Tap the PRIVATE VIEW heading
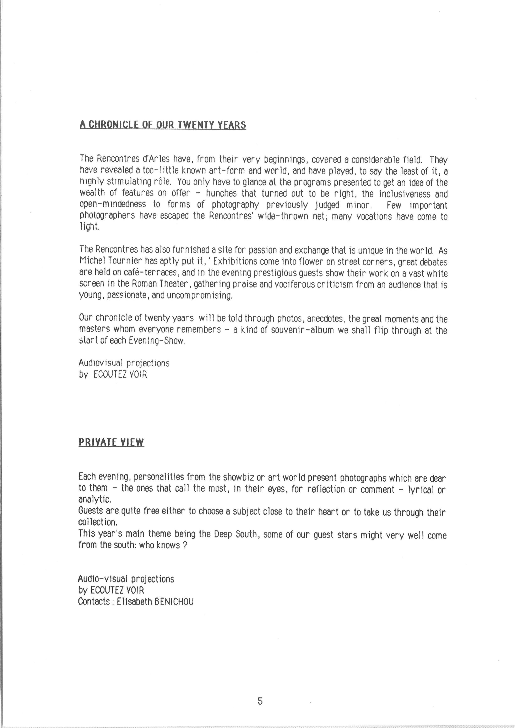coord(111,442)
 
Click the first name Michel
coord(90,262)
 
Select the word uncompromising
coord(200,296)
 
